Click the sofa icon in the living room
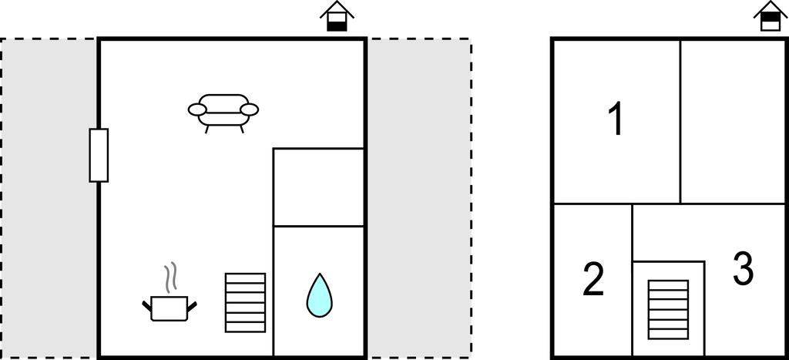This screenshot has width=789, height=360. [x=223, y=111]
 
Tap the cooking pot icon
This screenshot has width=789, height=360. [x=169, y=308]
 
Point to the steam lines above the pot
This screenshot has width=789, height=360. [x=172, y=277]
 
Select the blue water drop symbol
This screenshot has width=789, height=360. [x=319, y=295]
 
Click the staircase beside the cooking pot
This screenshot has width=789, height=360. [x=245, y=302]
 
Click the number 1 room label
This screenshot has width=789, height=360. [x=615, y=120]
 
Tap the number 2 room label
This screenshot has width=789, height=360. [x=593, y=280]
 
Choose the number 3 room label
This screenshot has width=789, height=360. [x=742, y=269]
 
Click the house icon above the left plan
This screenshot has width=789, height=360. [x=337, y=16]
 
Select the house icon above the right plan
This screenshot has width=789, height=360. [x=770, y=15]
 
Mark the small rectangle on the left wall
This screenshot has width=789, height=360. [x=99, y=155]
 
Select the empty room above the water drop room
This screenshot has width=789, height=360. [x=318, y=187]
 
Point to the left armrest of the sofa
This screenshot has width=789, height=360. [x=198, y=110]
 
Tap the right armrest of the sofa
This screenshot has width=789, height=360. [x=249, y=110]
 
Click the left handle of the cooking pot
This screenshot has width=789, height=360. [x=146, y=306]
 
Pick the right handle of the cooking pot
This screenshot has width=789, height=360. [x=192, y=306]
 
